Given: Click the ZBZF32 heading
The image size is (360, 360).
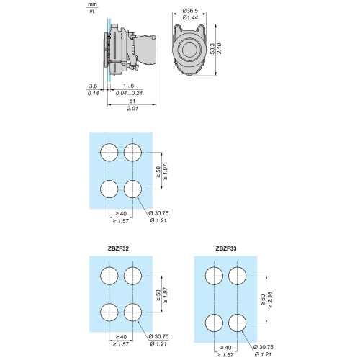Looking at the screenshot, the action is pyautogui.click(x=118, y=248).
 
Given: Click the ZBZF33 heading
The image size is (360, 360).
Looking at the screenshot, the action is pyautogui.click(x=226, y=248).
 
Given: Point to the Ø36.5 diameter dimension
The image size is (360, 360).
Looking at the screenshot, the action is pyautogui.click(x=190, y=11).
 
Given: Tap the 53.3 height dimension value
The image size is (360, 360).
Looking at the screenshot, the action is pyautogui.click(x=212, y=49).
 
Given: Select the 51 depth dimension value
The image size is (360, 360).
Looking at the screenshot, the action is pyautogui.click(x=132, y=101).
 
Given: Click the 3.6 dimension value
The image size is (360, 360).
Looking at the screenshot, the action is pyautogui.click(x=93, y=86).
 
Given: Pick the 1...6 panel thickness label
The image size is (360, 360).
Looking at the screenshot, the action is pyautogui.click(x=129, y=86).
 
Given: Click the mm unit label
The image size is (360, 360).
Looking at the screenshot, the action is pyautogui.click(x=92, y=4).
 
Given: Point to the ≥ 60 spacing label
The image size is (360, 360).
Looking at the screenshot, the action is pyautogui.click(x=263, y=300).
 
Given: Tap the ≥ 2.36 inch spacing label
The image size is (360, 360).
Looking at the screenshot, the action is pyautogui.click(x=270, y=300).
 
